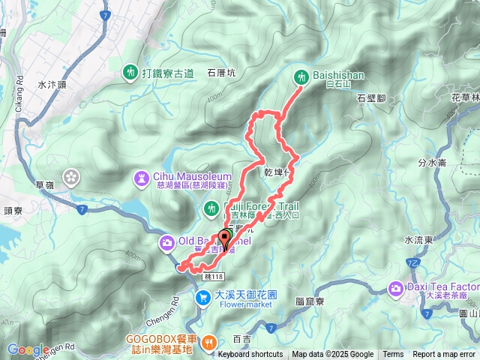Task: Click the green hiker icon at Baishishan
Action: pos(301,76)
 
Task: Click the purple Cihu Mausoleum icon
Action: pos(141,177)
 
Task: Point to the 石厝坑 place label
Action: pos(220,73)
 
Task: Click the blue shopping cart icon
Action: pos(202,298)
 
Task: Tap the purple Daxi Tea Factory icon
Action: pos(395,288)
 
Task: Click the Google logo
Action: pos(28,349)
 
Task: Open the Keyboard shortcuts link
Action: pos(250,355)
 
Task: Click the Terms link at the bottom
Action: pos(393,355)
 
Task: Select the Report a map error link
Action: pos(444,355)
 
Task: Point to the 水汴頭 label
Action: pos(51,85)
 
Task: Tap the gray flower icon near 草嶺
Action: pos(72,177)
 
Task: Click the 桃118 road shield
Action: pos(213,277)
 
